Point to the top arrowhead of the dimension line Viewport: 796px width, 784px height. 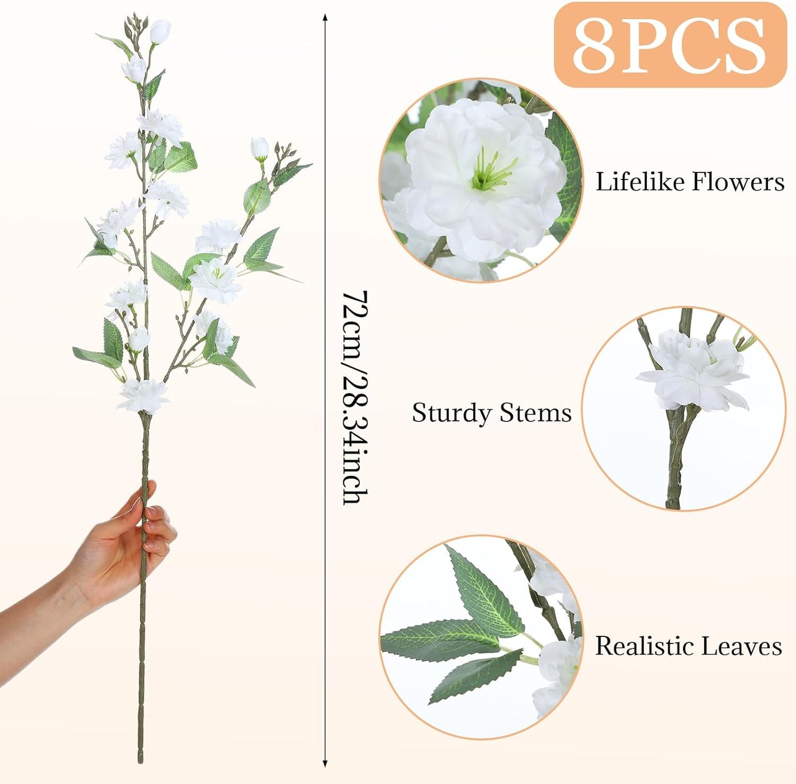tap(325, 18)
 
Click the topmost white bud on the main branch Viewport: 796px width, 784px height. tap(160, 31)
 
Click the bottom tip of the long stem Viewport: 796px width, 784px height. tap(141, 762)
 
